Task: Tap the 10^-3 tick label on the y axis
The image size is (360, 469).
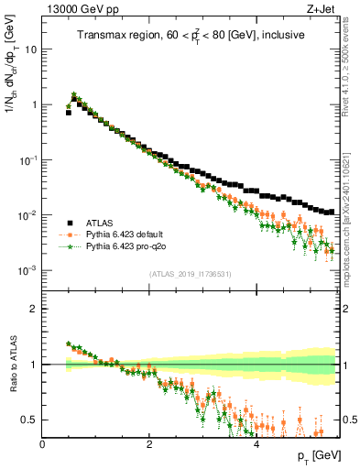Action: [27, 270]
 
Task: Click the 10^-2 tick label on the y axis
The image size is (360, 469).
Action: [27, 215]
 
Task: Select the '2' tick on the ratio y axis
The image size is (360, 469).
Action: [34, 309]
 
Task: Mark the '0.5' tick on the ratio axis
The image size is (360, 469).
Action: [30, 420]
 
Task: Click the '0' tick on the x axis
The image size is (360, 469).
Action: [42, 444]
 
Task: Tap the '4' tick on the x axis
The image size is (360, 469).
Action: [256, 444]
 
